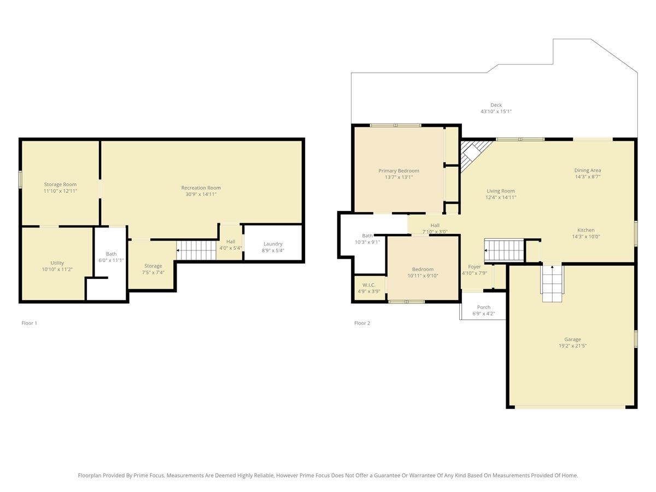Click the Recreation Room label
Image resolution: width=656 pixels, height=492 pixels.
(201, 188)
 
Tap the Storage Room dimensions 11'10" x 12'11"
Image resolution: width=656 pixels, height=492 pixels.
(60, 191)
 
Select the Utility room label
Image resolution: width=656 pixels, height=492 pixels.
(57, 263)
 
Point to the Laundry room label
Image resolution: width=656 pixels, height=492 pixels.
(273, 244)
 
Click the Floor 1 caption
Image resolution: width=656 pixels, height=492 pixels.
(30, 323)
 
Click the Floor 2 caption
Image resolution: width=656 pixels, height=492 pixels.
(362, 323)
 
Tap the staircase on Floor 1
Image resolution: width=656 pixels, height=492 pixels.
(196, 250)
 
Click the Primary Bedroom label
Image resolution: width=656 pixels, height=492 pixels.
(399, 171)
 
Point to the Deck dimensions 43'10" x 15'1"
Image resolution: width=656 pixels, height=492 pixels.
(496, 112)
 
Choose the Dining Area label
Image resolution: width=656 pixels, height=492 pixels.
(588, 170)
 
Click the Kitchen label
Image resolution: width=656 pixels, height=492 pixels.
(586, 230)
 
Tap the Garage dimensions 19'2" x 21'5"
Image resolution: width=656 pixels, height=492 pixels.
(572, 345)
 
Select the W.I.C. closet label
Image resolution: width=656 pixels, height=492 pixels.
(369, 285)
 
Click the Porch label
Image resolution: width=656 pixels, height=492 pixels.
(484, 307)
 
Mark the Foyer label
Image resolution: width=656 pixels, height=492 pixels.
(475, 267)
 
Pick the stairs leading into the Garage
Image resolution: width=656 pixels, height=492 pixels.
(552, 283)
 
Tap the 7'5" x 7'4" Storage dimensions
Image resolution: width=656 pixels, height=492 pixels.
(153, 272)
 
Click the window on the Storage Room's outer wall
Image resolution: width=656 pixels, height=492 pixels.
(20, 179)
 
